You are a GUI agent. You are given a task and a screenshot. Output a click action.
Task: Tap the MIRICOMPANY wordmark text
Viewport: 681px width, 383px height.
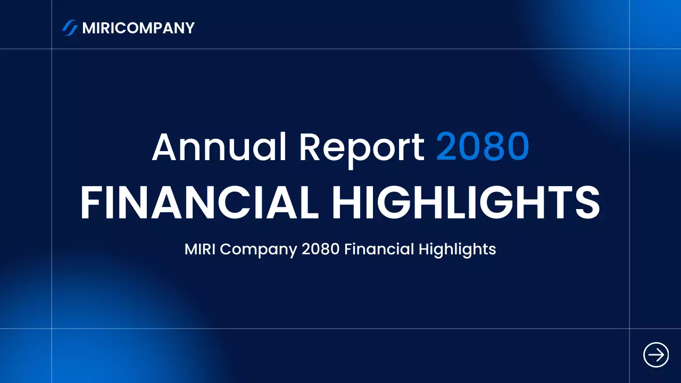pyautogui.click(x=138, y=28)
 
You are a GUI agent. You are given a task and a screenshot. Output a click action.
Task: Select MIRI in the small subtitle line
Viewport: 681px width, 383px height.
pyautogui.click(x=200, y=249)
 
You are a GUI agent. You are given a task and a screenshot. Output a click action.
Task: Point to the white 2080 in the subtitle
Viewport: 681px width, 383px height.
pyautogui.click(x=320, y=249)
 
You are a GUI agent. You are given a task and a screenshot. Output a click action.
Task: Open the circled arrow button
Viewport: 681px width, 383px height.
pyautogui.click(x=656, y=354)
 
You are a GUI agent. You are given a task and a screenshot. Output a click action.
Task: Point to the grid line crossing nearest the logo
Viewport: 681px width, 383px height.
pyautogui.click(x=52, y=49)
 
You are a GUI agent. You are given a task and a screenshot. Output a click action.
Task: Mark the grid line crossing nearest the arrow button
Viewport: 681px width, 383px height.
pyautogui.click(x=629, y=329)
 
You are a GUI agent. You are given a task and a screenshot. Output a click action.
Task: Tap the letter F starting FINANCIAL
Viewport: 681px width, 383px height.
pyautogui.click(x=90, y=203)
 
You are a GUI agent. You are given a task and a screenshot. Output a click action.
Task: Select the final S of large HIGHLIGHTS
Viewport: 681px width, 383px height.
pyautogui.click(x=587, y=203)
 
